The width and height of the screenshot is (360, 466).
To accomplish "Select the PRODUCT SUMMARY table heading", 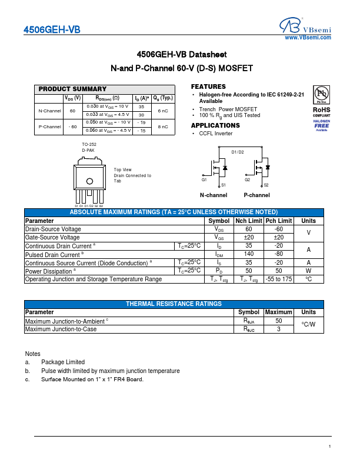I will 73,89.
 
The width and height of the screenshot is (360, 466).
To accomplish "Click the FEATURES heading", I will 208,86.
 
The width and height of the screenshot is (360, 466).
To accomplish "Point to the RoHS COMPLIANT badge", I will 321,112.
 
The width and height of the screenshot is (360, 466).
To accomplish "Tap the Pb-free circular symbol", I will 321,95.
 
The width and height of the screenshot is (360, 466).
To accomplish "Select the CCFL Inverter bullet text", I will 216,134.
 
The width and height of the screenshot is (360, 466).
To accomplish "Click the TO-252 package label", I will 89,144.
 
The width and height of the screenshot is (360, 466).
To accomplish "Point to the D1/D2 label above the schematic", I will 238,152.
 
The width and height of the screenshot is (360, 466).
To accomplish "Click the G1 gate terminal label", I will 204,179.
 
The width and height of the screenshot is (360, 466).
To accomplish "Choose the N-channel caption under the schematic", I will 214,195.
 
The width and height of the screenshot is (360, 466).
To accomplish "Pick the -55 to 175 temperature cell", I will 279,279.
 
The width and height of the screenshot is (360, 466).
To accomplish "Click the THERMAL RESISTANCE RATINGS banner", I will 174,304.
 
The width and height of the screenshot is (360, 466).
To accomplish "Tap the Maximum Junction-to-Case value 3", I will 279,329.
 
